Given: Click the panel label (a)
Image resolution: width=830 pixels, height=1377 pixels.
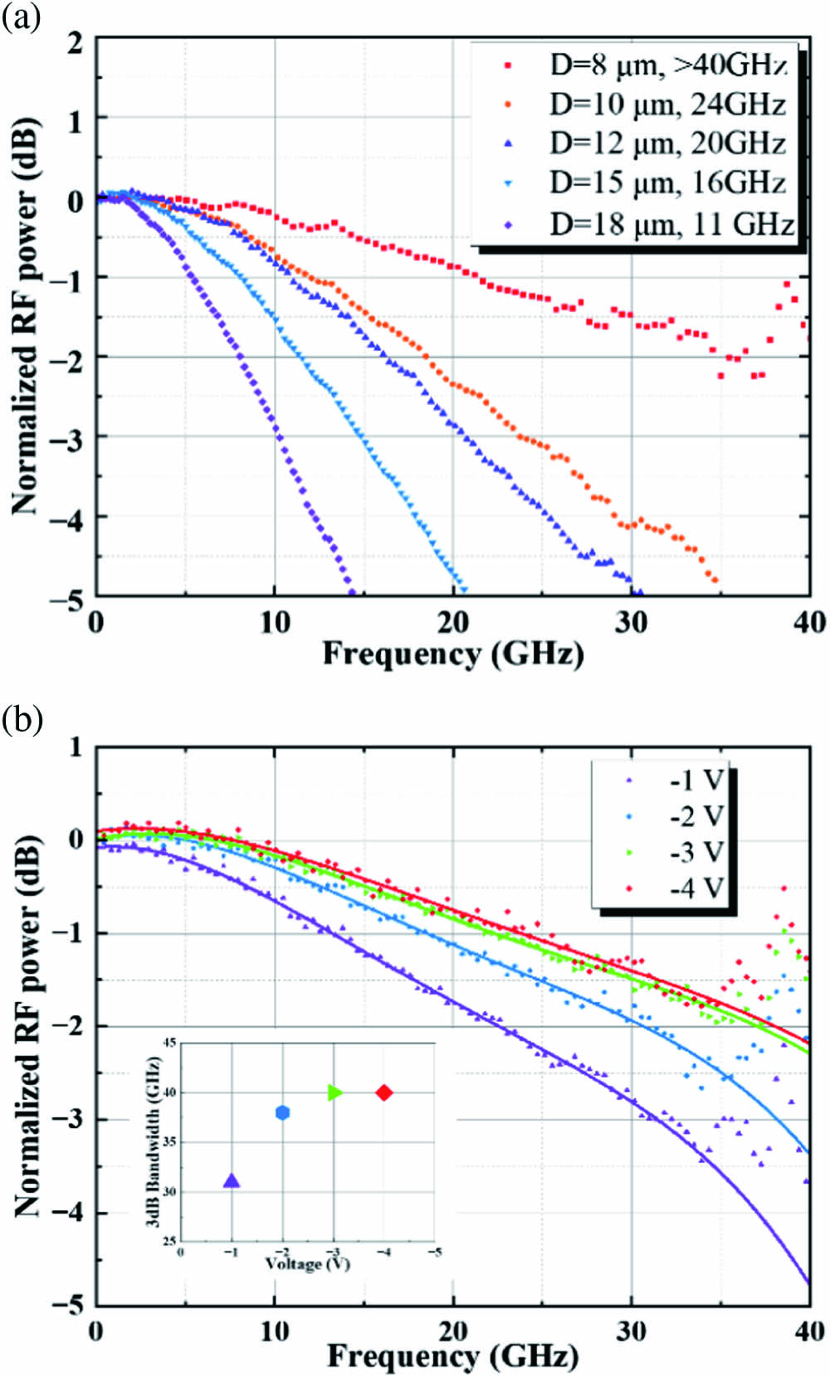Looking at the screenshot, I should coord(22,17).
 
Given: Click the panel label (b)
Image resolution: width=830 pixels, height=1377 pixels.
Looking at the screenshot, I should coord(22,718).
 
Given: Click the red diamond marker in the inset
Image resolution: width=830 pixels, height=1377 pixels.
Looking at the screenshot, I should coord(384,1092).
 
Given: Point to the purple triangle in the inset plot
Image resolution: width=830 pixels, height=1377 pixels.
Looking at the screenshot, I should coord(232,1181).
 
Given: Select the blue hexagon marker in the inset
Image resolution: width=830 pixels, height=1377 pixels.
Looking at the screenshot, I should coord(283,1112).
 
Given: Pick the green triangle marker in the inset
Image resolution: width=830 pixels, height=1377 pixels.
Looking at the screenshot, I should coord(334,1092).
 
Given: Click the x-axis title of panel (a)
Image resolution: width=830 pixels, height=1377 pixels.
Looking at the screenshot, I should coord(453,654).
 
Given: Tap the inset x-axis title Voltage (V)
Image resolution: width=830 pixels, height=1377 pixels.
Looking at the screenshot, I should coord(307,1263).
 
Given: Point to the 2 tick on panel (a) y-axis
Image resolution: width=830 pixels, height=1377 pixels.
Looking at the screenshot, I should coord(76,43).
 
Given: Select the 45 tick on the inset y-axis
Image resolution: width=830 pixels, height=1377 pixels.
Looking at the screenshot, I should coord(168,1044).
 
